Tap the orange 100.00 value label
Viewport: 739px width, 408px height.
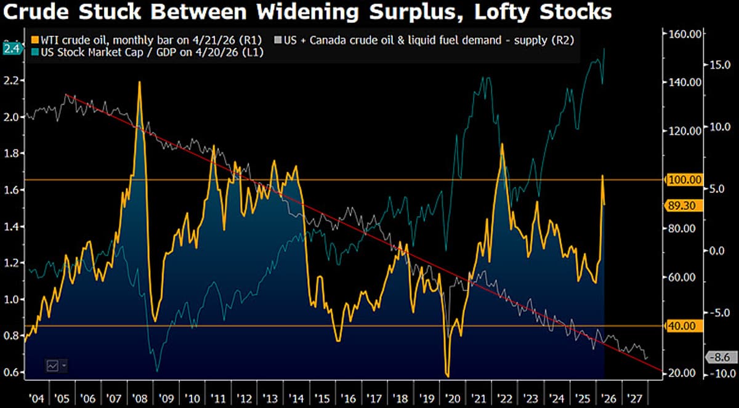tap(684, 180)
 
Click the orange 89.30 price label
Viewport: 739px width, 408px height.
tap(684, 206)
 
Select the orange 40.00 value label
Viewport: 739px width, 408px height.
tap(684, 326)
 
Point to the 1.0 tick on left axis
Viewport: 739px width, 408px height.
tap(12, 300)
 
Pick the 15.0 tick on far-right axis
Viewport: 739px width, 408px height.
tap(719, 64)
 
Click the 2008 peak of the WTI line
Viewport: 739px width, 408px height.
tap(139, 82)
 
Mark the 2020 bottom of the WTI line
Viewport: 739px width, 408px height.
tap(448, 376)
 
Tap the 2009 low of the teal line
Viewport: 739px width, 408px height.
tap(157, 370)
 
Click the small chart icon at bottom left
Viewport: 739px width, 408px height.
tap(53, 365)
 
